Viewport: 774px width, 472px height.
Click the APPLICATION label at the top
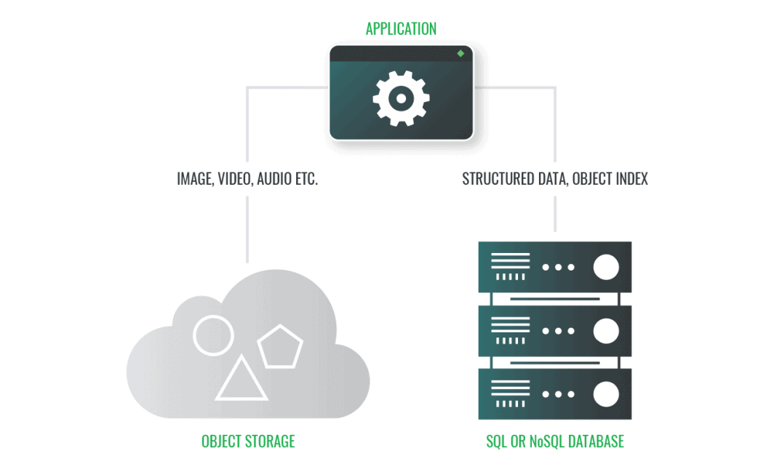point(401,29)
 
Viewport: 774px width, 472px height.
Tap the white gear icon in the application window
point(401,97)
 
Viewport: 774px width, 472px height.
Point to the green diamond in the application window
point(460,54)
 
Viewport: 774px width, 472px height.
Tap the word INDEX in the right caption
point(630,178)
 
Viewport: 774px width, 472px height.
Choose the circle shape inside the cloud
point(213,335)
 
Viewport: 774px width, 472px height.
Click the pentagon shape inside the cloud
point(280,347)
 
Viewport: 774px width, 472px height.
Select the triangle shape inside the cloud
point(241,380)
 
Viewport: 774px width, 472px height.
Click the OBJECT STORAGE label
point(248,441)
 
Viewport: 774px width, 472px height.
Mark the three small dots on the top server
point(557,268)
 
